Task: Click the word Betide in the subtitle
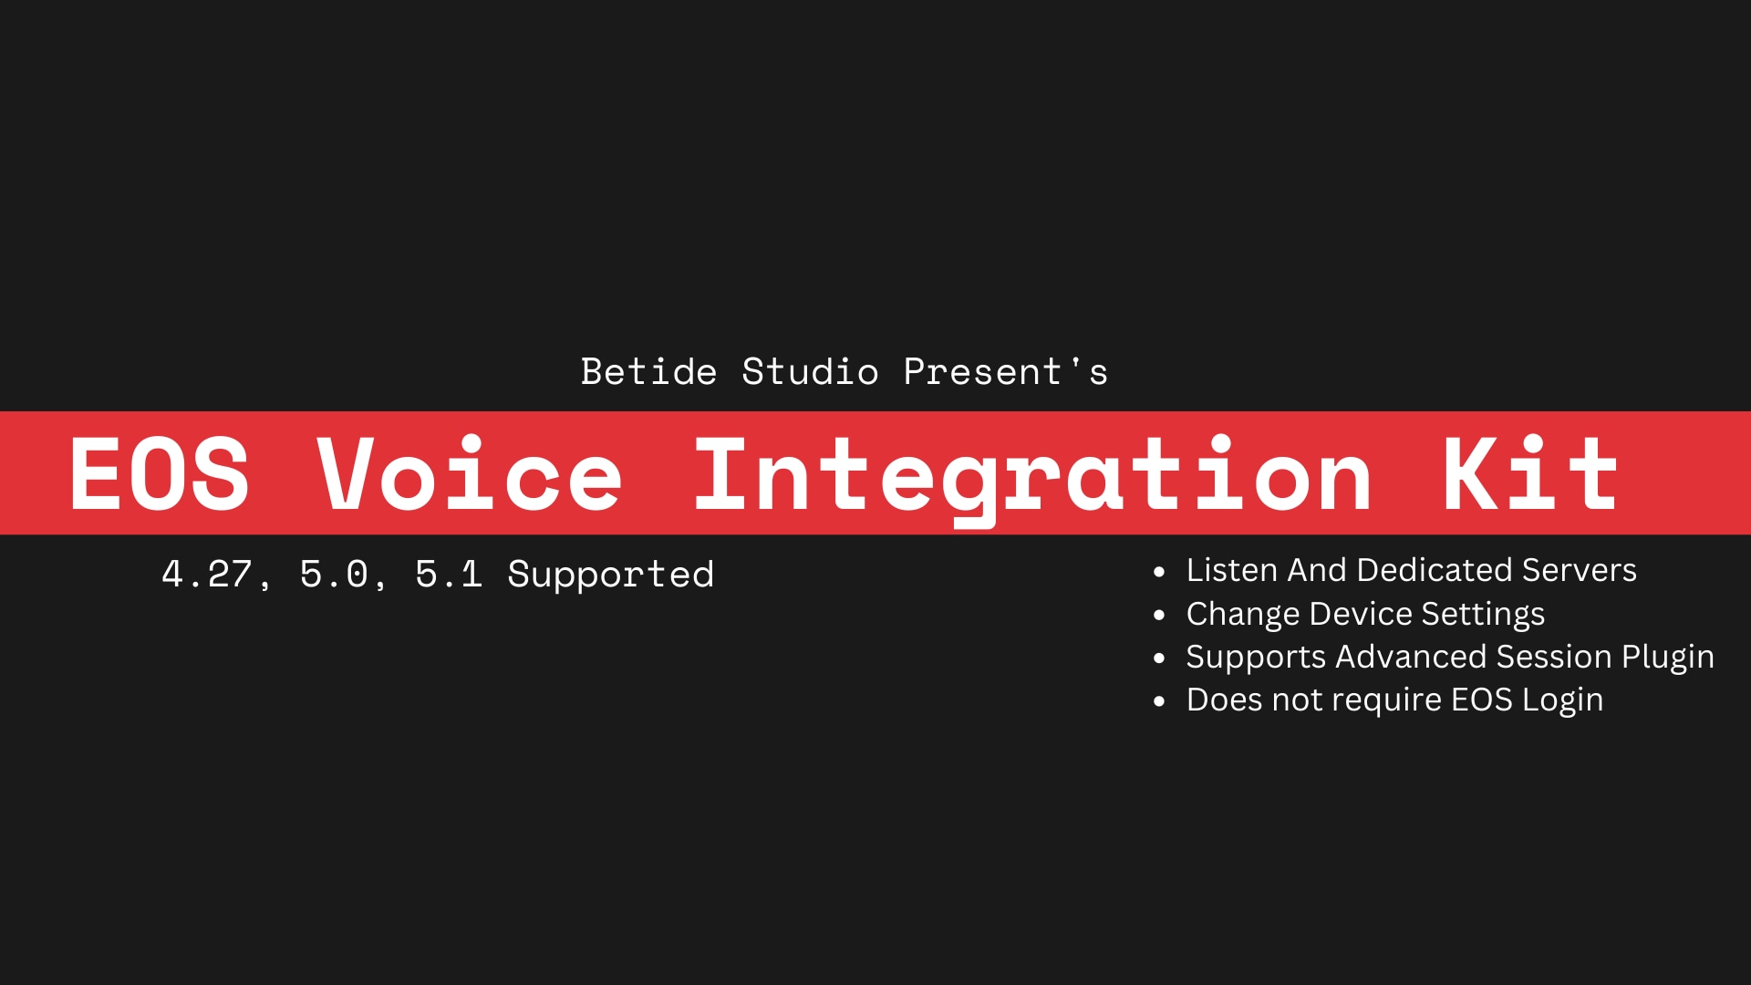tap(648, 372)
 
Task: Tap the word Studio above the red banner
tap(810, 372)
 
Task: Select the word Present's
tap(1005, 372)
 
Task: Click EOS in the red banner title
tap(159, 474)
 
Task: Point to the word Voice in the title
tap(470, 474)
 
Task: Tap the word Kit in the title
tap(1529, 474)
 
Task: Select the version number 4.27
tap(207, 575)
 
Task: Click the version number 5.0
tap(334, 575)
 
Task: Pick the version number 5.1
tap(449, 575)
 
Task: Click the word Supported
tap(610, 575)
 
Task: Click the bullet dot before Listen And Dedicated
tap(1159, 573)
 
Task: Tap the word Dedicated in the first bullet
tap(1435, 570)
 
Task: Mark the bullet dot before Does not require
tap(1159, 702)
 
